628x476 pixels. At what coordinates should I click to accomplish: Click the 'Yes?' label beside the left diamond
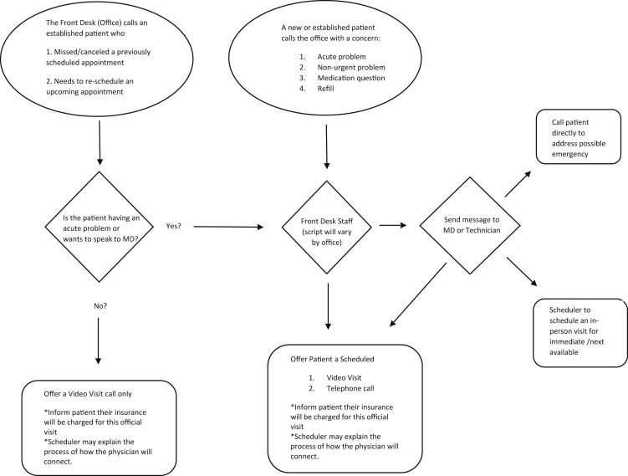point(173,226)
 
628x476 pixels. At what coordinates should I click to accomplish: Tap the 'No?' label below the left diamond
point(100,306)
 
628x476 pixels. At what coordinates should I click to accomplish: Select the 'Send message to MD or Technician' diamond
point(470,226)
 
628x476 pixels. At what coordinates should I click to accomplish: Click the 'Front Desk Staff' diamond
point(327,228)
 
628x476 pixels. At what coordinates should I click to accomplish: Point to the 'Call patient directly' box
point(579,136)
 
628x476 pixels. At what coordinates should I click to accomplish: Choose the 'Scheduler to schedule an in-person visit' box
point(580,333)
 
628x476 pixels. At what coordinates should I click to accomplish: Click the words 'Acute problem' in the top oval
point(342,57)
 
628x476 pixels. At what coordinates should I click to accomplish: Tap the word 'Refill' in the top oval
point(325,89)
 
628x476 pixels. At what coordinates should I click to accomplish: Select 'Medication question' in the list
point(351,78)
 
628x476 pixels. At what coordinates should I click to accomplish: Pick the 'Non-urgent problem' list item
point(351,67)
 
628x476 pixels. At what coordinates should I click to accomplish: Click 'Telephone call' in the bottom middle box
point(350,388)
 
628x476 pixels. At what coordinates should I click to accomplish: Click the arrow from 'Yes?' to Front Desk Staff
point(228,227)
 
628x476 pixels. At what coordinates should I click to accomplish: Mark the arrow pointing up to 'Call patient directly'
point(518,184)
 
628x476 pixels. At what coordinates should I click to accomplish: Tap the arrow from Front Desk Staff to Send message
point(393,225)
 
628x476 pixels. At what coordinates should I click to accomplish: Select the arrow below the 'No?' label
point(98,341)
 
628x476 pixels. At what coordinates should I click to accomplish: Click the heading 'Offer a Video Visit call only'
point(88,394)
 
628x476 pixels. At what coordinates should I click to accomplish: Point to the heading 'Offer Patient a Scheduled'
point(333,360)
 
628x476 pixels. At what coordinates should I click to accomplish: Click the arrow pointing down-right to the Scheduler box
point(522,272)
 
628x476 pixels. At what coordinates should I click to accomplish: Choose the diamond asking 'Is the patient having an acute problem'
point(99,227)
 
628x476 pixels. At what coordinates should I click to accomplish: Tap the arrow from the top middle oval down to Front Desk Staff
point(327,146)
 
